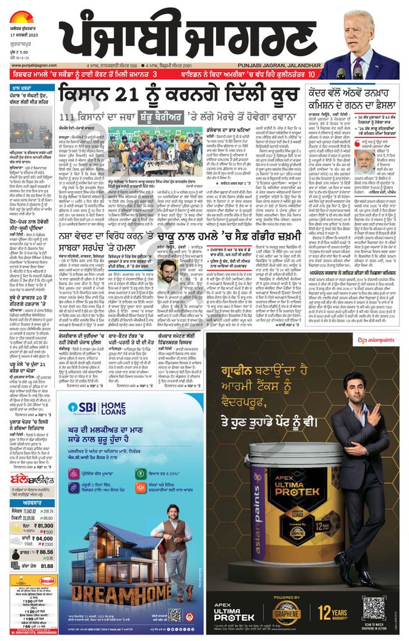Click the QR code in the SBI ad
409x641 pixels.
click(174, 615)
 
